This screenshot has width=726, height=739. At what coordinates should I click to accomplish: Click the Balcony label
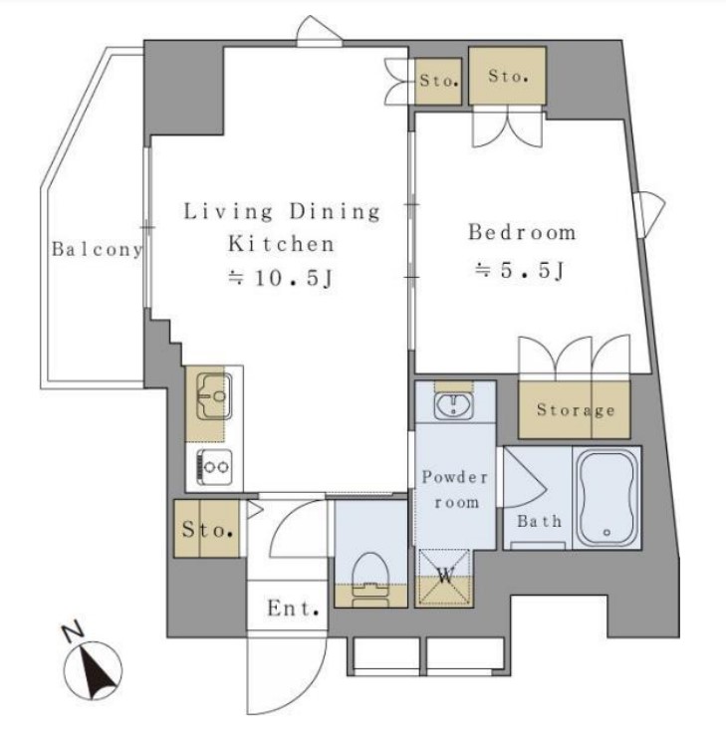97,249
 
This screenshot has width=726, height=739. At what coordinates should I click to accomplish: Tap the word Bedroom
522,232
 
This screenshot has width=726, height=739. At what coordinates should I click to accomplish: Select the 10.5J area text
281,278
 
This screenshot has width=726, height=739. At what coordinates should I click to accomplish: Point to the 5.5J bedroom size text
520,271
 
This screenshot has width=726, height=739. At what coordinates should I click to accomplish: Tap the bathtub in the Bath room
606,498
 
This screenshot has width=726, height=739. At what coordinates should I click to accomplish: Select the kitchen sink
214,396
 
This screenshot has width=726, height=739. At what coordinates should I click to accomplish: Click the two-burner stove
215,467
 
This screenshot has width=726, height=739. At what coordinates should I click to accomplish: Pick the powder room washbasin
454,404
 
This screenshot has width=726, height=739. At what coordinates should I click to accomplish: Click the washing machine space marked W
445,577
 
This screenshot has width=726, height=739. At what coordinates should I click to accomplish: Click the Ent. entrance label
294,609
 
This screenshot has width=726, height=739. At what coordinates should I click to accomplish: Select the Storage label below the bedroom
576,410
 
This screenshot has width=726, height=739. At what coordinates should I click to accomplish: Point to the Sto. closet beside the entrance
207,529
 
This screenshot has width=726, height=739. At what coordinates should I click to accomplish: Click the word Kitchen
281,244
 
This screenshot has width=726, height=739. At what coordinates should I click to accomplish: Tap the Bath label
539,521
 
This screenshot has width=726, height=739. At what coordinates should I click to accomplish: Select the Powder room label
455,490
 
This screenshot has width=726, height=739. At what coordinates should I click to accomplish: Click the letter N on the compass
73,632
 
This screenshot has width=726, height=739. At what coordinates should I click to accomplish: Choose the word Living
228,211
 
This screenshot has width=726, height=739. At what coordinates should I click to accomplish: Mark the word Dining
335,211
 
